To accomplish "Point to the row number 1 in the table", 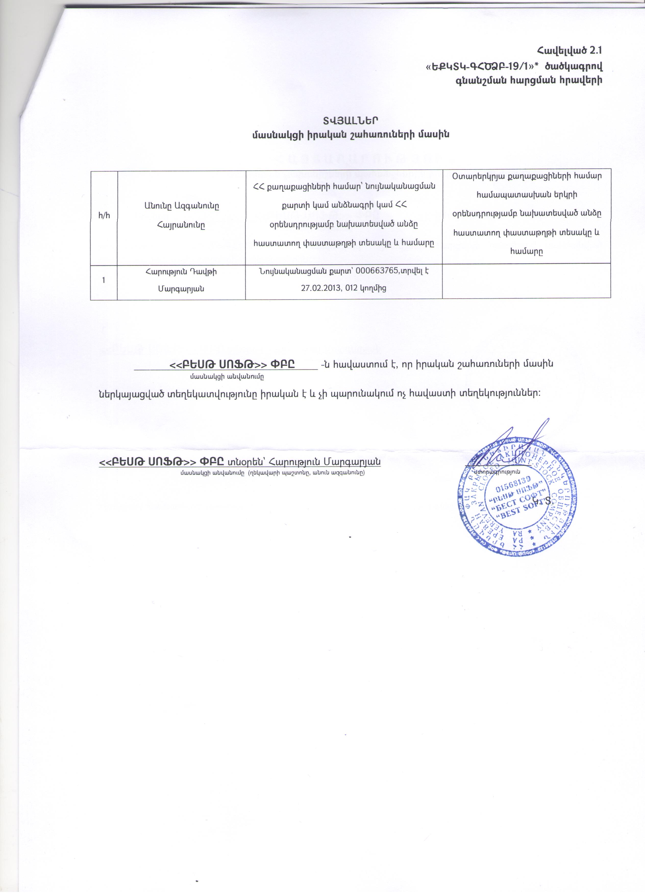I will (104, 280).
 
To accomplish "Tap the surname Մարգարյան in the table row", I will (181, 288).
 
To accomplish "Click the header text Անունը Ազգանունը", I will (181, 206).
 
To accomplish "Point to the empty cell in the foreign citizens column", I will (526, 280).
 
